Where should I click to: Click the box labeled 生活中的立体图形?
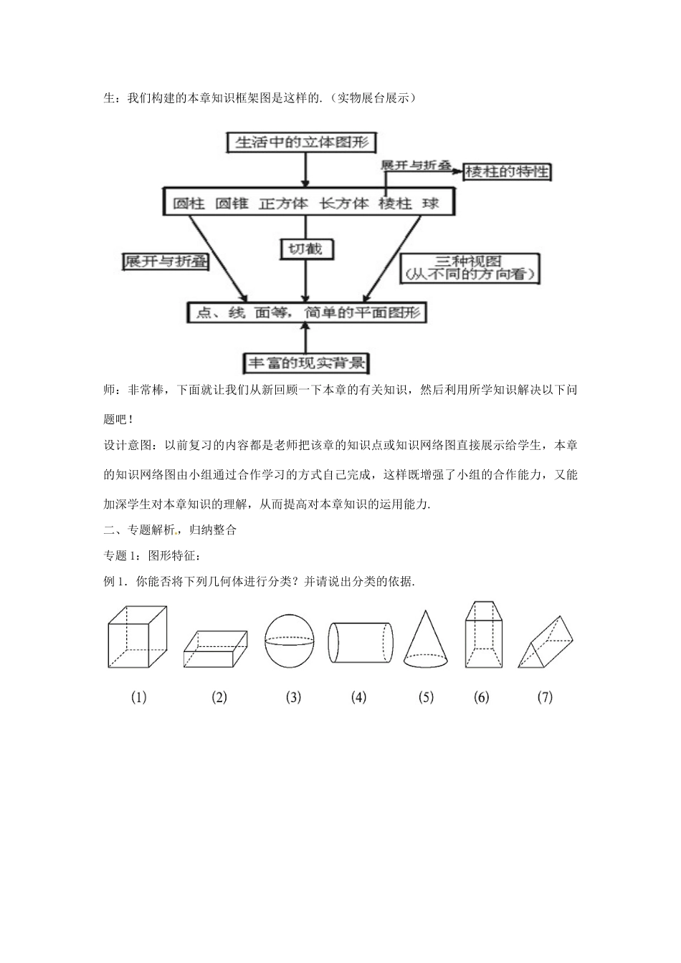pos(302,142)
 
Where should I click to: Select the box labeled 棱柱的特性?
pos(508,171)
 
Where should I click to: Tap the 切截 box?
pos(306,249)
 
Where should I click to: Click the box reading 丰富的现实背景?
pos(306,363)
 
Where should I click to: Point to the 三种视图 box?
pos(470,267)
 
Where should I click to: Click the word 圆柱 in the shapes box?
pos(189,203)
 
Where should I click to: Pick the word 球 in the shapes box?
pos(431,203)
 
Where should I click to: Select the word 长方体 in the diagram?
pos(343,203)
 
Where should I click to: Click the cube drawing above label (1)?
pos(137,637)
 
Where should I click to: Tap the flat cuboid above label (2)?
pos(215,648)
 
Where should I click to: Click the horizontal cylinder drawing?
pos(361,642)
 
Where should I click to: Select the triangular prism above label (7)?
pos(546,643)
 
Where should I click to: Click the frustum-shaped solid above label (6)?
pos(482,635)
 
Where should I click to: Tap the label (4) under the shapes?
pos(358,697)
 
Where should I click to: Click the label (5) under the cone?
pos(426,697)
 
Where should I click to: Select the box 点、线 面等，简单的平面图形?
pos(306,312)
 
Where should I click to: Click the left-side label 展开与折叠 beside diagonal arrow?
pos(166,262)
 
